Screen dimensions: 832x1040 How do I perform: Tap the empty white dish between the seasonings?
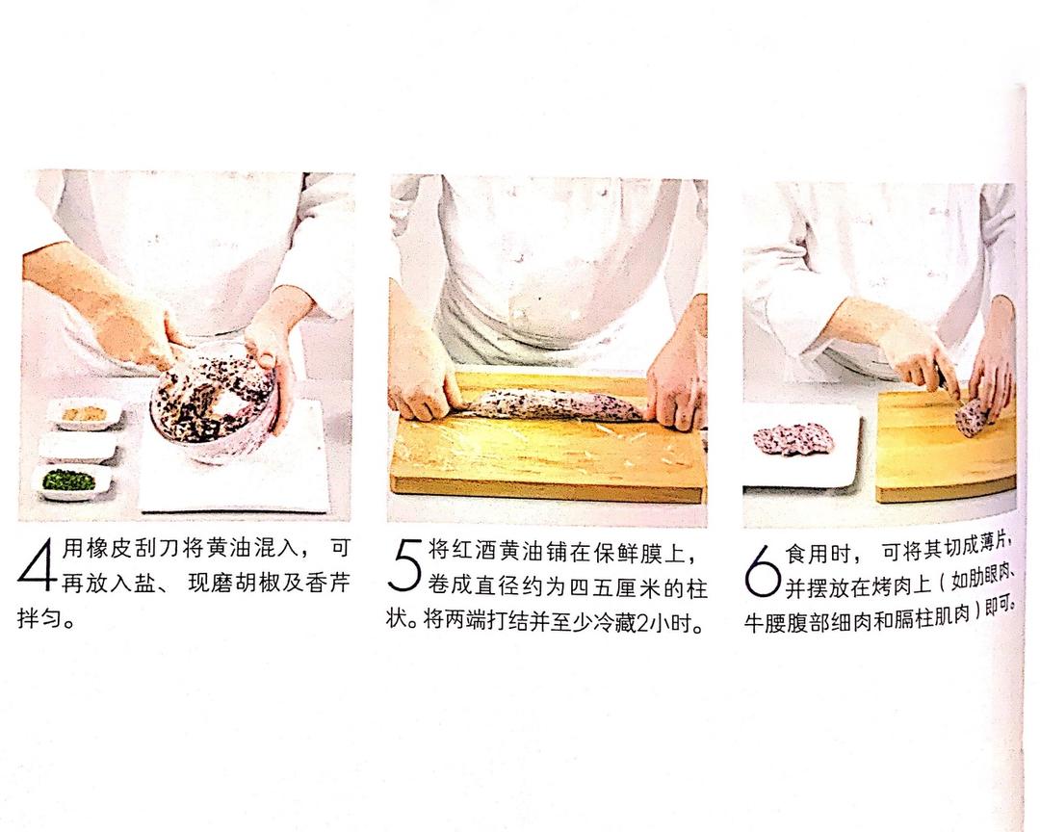77,447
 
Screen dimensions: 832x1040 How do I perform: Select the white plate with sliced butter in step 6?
799,444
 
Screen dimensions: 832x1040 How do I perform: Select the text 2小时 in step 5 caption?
665,619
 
